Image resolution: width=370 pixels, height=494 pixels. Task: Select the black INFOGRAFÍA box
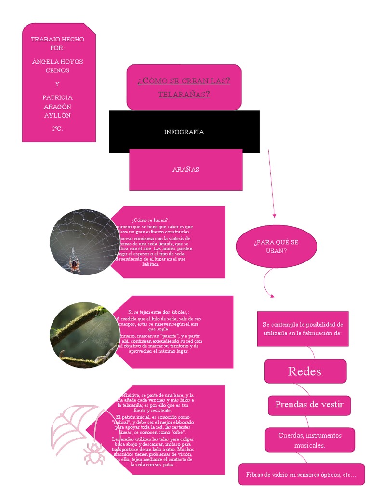point(184,132)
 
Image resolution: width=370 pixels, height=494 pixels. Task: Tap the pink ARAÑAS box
point(186,169)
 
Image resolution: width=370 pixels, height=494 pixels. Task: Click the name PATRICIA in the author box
point(58,97)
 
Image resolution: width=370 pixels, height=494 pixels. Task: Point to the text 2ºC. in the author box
point(58,129)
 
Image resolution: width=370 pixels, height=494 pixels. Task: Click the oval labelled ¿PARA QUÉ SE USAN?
point(276,246)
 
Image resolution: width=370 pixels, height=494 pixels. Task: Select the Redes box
point(305,371)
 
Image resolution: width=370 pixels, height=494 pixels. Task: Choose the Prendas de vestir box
point(309,404)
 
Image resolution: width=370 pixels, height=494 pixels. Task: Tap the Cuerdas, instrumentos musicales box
point(310,440)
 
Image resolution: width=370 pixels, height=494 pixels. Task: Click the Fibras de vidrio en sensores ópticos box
point(302,475)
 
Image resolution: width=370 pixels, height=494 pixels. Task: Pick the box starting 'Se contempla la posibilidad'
point(303,328)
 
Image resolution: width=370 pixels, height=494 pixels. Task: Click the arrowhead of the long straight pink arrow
point(274,215)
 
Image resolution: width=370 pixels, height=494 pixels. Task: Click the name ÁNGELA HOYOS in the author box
point(58,62)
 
